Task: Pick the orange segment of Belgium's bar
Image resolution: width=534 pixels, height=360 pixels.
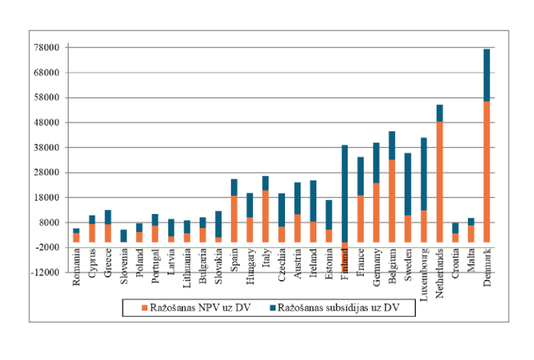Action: (x=392, y=201)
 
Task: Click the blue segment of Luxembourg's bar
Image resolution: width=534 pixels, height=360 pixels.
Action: (x=423, y=174)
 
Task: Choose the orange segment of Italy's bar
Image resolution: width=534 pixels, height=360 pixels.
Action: (x=266, y=215)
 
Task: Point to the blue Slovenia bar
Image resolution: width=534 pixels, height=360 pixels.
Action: (x=124, y=236)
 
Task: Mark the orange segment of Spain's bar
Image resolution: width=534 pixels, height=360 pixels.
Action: (x=234, y=218)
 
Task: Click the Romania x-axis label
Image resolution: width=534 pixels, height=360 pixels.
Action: (x=76, y=265)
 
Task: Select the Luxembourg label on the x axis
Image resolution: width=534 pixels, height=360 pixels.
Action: (x=424, y=271)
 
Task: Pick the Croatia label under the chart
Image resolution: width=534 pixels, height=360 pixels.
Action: (x=455, y=263)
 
